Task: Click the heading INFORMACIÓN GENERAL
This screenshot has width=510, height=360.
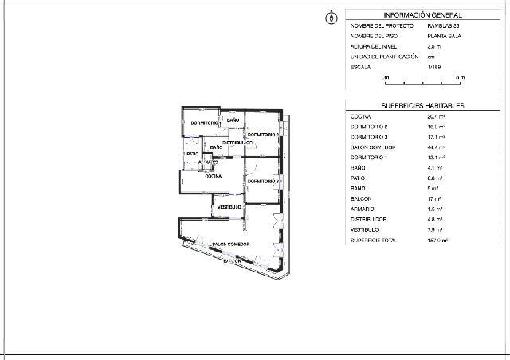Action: [x=422, y=15]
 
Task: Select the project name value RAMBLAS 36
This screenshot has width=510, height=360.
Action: [x=443, y=26]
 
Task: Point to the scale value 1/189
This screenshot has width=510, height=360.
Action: [x=434, y=68]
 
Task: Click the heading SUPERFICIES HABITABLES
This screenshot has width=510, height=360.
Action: [x=422, y=106]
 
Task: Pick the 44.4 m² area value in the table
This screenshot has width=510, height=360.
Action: [x=437, y=147]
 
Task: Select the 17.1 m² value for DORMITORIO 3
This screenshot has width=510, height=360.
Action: [x=437, y=137]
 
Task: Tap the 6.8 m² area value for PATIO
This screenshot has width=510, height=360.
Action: [x=435, y=178]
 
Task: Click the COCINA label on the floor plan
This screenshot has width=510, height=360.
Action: [x=213, y=176]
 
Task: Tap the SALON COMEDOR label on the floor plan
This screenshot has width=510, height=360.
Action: [x=231, y=244]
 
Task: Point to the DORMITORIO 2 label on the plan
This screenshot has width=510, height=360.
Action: [x=263, y=135]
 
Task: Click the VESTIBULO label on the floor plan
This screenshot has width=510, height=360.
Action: [x=230, y=207]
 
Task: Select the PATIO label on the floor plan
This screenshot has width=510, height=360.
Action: [x=192, y=154]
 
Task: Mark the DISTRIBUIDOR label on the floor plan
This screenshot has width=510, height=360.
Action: [x=237, y=142]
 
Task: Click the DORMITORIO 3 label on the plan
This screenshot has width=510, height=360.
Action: [x=262, y=182]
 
